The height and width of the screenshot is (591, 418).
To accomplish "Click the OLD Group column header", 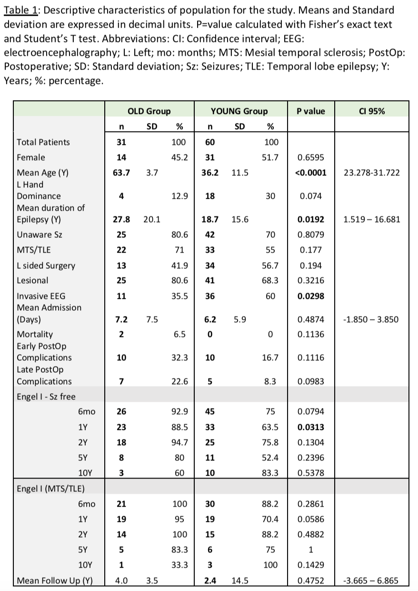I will point(149,111).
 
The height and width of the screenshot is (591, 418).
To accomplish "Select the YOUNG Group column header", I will point(239,111).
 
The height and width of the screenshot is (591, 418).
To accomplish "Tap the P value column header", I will point(310,111).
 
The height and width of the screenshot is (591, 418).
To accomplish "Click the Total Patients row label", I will point(43,142).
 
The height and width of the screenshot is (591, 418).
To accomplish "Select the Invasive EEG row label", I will point(41,296).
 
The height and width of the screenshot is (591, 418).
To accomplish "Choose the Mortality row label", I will point(35,334).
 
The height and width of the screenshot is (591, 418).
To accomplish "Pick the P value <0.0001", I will point(310,173).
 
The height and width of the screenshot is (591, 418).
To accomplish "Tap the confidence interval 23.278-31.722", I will point(371,173).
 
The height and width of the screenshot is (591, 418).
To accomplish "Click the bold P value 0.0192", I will point(310,219).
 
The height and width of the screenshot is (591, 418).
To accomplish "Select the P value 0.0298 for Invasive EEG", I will point(310,296).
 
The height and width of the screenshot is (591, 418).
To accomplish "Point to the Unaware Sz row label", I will point(39,234).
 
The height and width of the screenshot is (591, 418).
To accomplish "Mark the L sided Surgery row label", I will point(46,265).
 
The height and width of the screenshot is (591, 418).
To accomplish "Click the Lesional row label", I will point(32,281).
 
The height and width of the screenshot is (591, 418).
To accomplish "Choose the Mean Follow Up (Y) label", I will point(54,581).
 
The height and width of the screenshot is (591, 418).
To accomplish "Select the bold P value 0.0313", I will point(310,427).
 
